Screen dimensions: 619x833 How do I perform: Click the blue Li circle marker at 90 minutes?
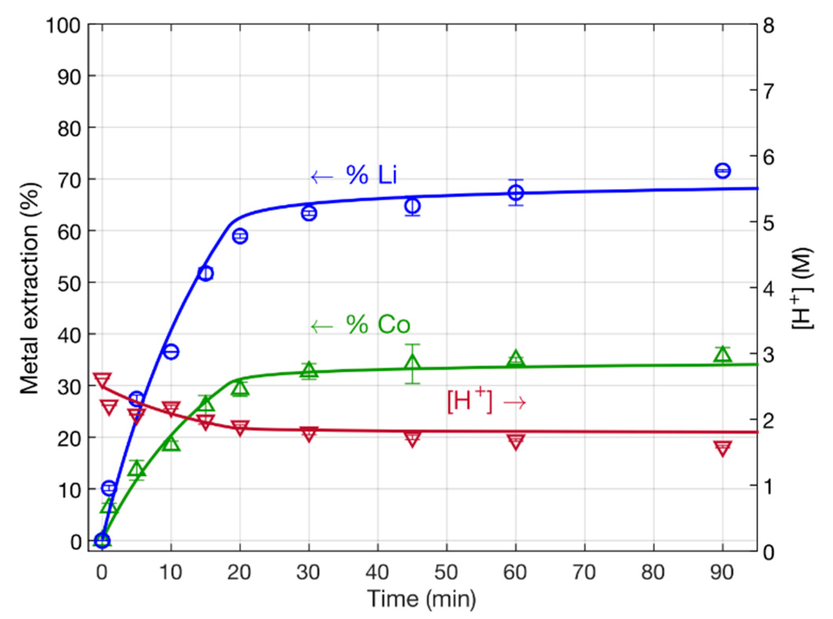[722, 171]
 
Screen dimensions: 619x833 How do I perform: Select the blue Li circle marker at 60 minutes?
[516, 192]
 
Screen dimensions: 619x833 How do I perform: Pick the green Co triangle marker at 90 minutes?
[722, 355]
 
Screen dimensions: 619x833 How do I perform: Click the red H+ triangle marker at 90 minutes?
[722, 448]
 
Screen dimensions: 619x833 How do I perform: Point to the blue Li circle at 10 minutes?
[171, 352]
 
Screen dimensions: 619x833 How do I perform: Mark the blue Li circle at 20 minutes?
[240, 236]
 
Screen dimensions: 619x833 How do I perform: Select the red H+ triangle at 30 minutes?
[309, 434]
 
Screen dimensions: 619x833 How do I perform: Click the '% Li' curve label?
[371, 174]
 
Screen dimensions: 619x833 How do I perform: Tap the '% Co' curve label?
[378, 324]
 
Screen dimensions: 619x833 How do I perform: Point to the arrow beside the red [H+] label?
[515, 402]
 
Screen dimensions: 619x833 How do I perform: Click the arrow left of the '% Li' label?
[322, 177]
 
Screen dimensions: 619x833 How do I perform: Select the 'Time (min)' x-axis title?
[422, 598]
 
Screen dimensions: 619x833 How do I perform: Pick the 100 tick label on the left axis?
[63, 27]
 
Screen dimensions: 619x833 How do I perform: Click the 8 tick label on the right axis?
[769, 27]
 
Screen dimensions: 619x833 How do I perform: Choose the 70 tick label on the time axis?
[584, 573]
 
